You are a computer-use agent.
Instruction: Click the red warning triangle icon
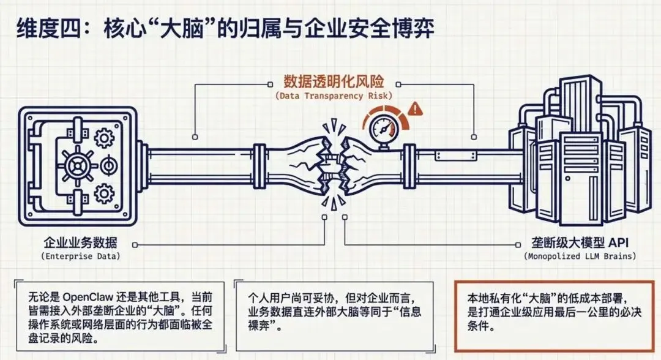pos(417,109)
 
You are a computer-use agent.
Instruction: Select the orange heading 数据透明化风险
pos(333,81)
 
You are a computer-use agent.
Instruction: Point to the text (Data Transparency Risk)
pos(333,96)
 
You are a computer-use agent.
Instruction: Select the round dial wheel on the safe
pos(78,165)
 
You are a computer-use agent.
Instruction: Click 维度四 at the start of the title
pos(45,28)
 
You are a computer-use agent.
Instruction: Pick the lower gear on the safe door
pos(105,194)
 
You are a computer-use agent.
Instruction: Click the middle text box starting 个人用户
pos(334,312)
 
